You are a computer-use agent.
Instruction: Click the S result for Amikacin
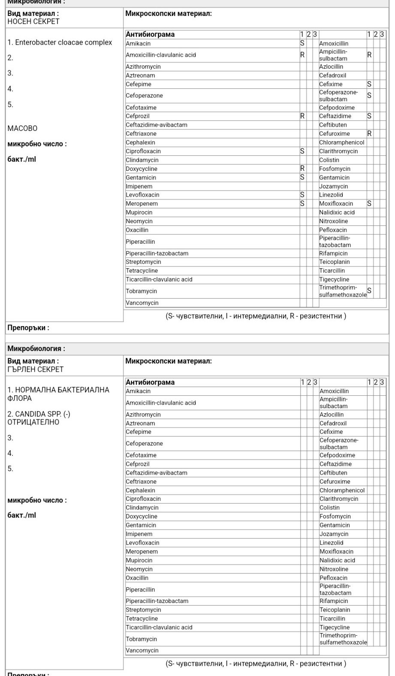(302, 43)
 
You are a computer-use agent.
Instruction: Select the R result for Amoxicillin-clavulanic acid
(302, 55)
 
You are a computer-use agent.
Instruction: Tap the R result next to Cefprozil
(302, 116)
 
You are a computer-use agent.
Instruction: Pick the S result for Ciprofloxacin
(302, 151)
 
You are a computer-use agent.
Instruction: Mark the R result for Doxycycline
(302, 169)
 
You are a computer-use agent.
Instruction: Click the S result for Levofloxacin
(302, 195)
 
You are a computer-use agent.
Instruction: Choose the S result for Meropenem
(302, 203)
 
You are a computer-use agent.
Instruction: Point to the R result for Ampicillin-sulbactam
(369, 55)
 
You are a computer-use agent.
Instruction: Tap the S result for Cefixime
(369, 84)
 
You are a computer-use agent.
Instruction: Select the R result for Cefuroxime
(369, 133)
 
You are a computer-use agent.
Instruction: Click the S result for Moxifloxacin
(369, 203)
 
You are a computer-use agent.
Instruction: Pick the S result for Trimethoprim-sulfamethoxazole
(369, 291)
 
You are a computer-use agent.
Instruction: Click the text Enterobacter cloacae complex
(63, 42)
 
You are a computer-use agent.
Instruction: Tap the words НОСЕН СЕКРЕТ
(33, 21)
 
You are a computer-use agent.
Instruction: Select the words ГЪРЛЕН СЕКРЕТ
(36, 369)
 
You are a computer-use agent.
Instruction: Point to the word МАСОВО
(22, 128)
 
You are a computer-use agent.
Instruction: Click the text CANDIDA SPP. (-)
(43, 414)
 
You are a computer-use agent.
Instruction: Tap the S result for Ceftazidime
(369, 116)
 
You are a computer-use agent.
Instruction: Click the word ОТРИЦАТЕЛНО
(33, 422)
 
